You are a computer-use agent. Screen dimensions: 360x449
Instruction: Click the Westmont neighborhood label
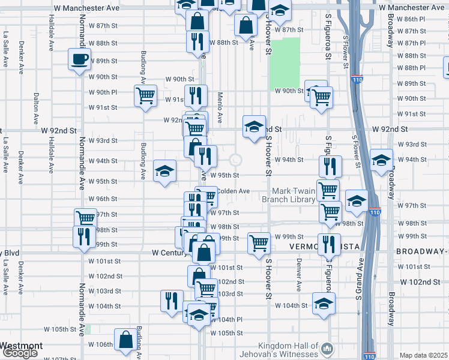coord(21,346)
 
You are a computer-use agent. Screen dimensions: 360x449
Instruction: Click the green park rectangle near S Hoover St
coord(284,63)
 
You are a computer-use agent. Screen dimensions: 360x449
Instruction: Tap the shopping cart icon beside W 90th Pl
coord(145,96)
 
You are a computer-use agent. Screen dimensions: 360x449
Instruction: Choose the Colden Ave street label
coord(233,191)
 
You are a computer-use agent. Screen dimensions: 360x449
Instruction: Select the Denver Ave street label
coord(298,275)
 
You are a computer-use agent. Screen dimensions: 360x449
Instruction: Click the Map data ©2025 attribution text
coord(424,355)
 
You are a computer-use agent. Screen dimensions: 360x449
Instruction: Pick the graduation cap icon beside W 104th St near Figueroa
coord(324,304)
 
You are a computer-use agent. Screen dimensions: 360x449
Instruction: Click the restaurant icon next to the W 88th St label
coord(196,41)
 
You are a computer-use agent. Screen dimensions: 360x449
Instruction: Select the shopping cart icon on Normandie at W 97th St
coord(85,219)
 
